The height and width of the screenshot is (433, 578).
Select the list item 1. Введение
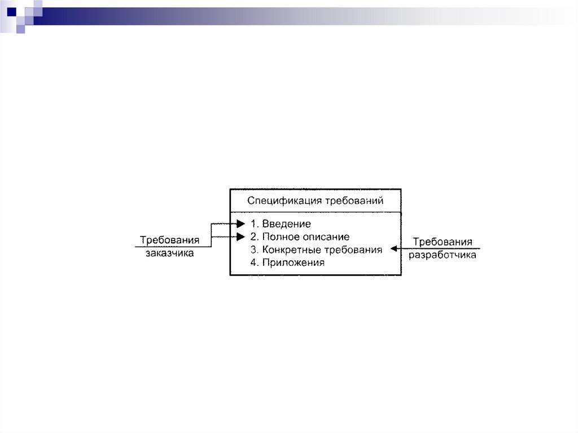coord(281,224)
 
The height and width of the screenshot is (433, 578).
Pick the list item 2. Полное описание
coord(300,237)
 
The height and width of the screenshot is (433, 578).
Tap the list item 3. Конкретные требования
coord(316,250)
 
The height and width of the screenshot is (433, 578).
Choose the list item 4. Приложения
coord(287,263)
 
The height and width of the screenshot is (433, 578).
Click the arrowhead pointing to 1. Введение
coord(240,224)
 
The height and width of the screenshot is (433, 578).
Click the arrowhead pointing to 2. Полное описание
coord(240,237)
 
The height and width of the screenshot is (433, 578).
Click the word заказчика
coord(169,253)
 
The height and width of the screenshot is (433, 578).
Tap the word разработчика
coord(443,255)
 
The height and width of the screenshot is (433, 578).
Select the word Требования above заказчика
coord(170,240)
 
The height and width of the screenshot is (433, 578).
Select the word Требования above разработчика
coord(443,242)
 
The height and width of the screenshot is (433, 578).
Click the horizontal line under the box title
coord(316,213)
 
